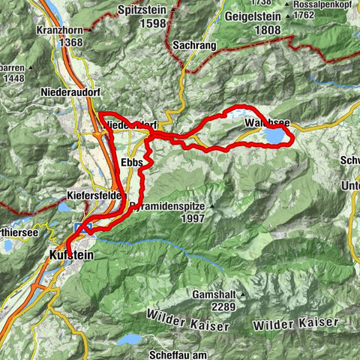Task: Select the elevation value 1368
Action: click(x=58, y=44)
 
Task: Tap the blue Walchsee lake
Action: click(x=273, y=136)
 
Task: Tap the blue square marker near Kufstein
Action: click(x=82, y=228)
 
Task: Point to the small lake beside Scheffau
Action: click(x=132, y=339)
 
